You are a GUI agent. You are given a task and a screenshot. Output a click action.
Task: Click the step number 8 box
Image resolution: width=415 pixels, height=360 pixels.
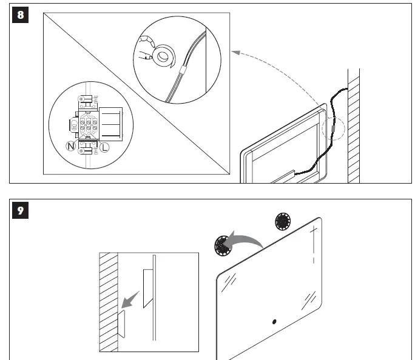tap(21, 14)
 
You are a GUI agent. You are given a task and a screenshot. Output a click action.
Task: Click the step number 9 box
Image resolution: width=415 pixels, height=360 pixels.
tap(21, 210)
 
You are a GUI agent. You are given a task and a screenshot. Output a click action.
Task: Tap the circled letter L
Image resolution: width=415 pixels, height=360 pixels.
tap(104, 147)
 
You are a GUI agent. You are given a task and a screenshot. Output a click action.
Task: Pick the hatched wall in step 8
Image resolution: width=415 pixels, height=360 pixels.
tap(354, 121)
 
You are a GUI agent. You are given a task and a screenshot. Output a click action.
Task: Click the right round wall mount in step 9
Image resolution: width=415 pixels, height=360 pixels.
tap(283, 221)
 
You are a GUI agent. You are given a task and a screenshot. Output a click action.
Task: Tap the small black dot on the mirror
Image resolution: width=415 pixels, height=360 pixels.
tap(274, 321)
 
